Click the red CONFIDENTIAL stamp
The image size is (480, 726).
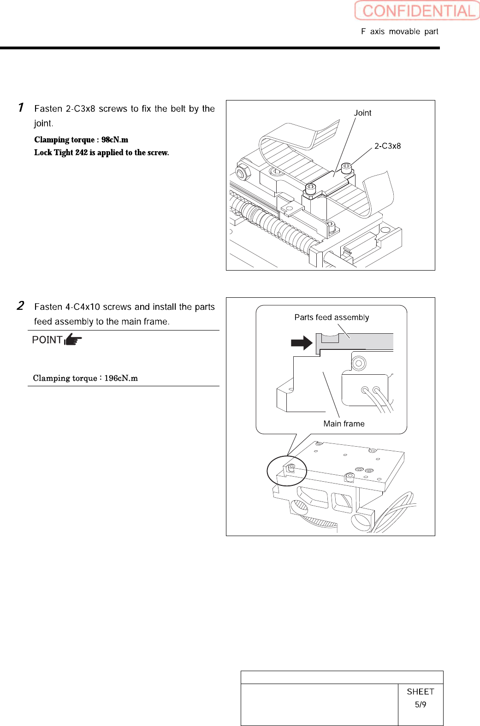pyautogui.click(x=417, y=11)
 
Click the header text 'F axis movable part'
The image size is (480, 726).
pyautogui.click(x=399, y=31)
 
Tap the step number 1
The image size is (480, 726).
pyautogui.click(x=21, y=107)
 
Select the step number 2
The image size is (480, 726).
pyautogui.click(x=21, y=306)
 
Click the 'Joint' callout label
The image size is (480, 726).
pyautogui.click(x=362, y=113)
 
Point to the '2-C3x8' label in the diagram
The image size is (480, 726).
pyautogui.click(x=387, y=146)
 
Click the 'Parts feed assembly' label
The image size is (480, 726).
pyautogui.click(x=332, y=317)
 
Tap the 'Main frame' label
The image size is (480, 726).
pyautogui.click(x=344, y=424)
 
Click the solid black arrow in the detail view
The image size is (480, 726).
pyautogui.click(x=302, y=342)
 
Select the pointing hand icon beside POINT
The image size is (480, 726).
pyautogui.click(x=73, y=340)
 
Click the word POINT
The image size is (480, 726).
pyautogui.click(x=47, y=340)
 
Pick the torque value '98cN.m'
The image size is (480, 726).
pyautogui.click(x=115, y=140)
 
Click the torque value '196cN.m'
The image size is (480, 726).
pyautogui.click(x=121, y=378)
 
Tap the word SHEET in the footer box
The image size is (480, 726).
pyautogui.click(x=420, y=691)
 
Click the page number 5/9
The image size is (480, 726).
pyautogui.click(x=420, y=704)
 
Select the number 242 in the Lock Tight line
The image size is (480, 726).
pyautogui.click(x=81, y=153)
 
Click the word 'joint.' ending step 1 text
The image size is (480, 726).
pyautogui.click(x=43, y=124)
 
